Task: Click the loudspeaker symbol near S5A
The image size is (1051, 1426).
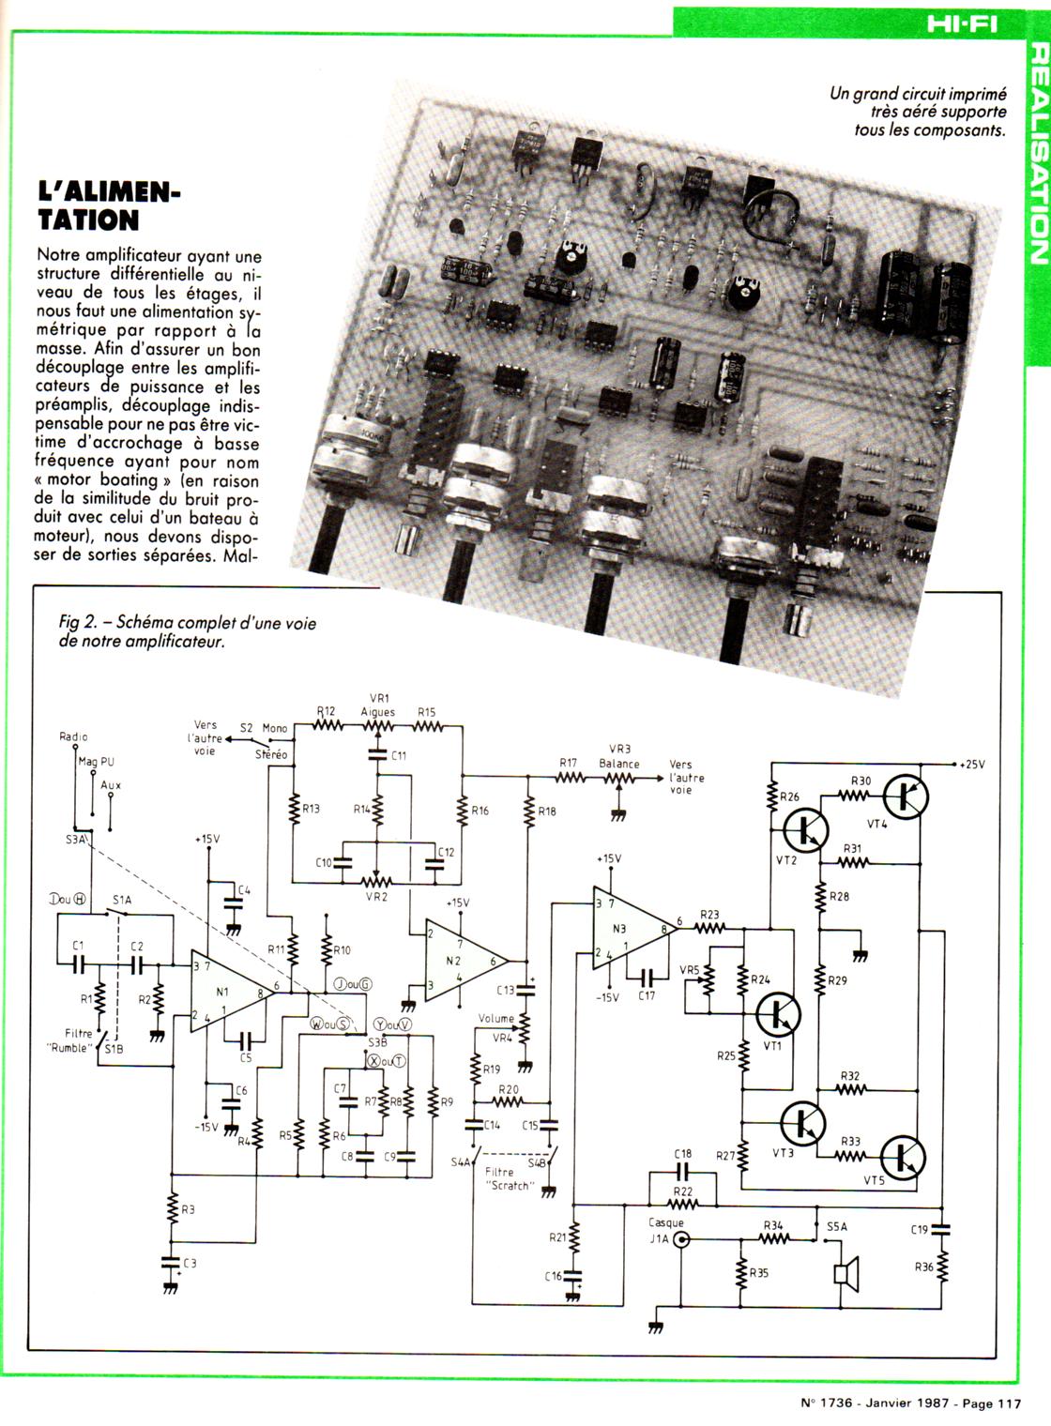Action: (x=847, y=1273)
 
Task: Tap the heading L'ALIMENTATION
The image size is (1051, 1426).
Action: (x=108, y=206)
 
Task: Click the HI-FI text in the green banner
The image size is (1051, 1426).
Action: (x=962, y=24)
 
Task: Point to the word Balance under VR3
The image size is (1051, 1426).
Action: (x=619, y=764)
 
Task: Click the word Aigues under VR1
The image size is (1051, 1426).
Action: (x=378, y=712)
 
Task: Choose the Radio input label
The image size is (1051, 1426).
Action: (x=73, y=737)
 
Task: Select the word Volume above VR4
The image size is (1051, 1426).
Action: (x=495, y=1018)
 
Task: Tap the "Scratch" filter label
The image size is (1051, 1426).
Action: (x=510, y=1185)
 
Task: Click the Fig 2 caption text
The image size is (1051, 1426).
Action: (x=188, y=632)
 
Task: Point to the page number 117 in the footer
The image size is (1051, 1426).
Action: (x=1008, y=1404)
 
